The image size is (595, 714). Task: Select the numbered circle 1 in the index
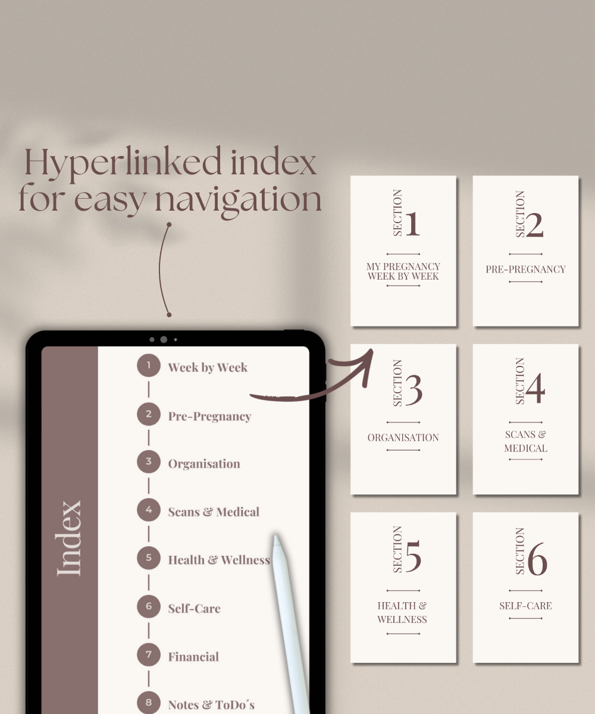[148, 365]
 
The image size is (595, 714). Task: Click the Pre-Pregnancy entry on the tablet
[209, 416]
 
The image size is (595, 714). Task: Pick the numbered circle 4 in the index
[148, 510]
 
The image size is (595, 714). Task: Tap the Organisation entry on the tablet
[204, 464]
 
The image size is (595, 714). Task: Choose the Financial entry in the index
[193, 657]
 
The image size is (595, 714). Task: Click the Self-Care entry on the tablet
[194, 609]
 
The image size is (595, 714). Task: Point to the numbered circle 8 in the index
[148, 703]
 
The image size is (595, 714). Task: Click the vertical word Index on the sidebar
[70, 538]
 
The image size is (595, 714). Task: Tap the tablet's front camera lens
[164, 340]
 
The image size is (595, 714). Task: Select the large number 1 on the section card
[412, 224]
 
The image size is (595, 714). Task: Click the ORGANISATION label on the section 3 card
[403, 438]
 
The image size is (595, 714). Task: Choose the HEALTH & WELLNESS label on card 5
[402, 612]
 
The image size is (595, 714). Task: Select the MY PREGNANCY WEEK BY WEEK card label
[403, 271]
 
